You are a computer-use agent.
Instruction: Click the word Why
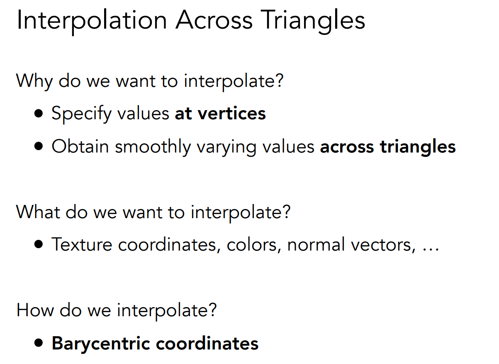[34, 82]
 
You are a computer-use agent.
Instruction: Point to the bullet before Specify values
[39, 113]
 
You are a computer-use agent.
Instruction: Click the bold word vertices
[232, 113]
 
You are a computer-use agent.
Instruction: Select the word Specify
[81, 114]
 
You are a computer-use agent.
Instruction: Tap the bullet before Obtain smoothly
[39, 146]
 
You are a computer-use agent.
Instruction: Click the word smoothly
[153, 147]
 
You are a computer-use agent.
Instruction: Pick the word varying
[226, 148]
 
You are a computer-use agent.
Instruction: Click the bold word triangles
[418, 147]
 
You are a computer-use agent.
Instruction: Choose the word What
[38, 212]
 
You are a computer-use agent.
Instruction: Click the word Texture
[82, 245]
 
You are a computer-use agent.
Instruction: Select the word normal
[316, 245]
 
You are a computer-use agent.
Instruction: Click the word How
[35, 310]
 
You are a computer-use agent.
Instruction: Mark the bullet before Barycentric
[39, 343]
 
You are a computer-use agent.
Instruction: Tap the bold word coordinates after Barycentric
[207, 343]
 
